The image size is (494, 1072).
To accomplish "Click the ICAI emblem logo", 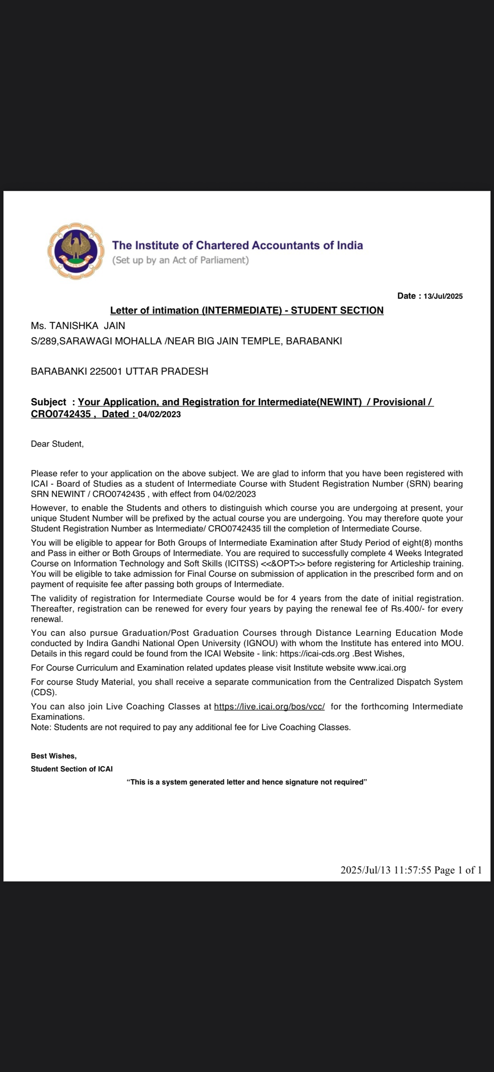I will point(76,251).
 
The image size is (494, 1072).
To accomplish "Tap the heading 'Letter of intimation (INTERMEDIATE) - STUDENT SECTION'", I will point(247,311).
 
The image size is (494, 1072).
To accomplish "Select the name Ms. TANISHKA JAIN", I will point(78,326).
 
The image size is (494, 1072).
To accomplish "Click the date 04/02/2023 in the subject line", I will point(159,414).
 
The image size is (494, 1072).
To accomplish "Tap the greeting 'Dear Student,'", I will point(57,444).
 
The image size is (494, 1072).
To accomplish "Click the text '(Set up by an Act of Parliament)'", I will point(180,260).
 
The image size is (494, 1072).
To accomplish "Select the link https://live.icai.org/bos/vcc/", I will point(269,707).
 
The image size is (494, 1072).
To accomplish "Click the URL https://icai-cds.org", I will point(314,654).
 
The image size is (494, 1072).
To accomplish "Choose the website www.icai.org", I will point(381,668).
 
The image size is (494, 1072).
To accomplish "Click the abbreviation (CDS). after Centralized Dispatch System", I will point(44,692).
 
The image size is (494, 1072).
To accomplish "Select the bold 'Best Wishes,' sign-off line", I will point(54,756).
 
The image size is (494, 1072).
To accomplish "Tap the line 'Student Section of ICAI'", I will point(72,769).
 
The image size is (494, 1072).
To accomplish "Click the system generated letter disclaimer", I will point(247,782).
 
